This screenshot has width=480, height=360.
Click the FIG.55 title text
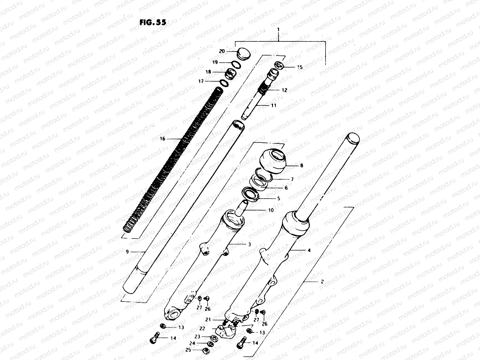point(152,23)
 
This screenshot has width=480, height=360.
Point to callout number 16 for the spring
point(163,139)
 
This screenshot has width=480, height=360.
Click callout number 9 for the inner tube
point(127,252)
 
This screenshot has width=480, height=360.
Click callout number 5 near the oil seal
point(278,198)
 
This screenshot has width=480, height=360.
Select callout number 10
point(271,210)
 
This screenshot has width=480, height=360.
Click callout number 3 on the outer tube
point(249,244)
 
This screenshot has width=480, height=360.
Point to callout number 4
point(309,250)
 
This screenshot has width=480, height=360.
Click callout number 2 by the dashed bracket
point(322,282)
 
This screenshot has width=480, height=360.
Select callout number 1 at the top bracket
point(279,30)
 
